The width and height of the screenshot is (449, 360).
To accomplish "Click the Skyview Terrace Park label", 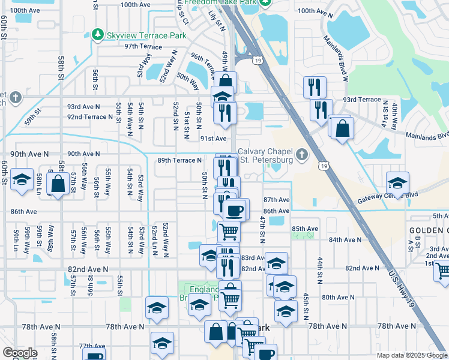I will point(138,35).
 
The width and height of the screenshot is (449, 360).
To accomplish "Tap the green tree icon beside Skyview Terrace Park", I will point(97,35).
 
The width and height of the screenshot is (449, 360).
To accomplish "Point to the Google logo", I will point(20,353).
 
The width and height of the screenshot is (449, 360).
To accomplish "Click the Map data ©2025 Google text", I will point(411,355).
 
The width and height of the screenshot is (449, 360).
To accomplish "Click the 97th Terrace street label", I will point(143,46).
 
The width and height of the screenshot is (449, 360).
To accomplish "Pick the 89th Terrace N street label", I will point(179,160).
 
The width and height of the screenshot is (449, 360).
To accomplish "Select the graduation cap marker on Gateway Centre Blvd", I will point(397,183).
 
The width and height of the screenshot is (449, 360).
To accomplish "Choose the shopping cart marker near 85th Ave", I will point(228,230).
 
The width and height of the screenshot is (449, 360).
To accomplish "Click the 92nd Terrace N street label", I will point(91,117).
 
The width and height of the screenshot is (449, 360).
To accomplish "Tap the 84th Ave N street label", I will point(345,239).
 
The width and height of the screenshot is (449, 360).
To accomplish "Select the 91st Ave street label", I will point(213,138).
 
